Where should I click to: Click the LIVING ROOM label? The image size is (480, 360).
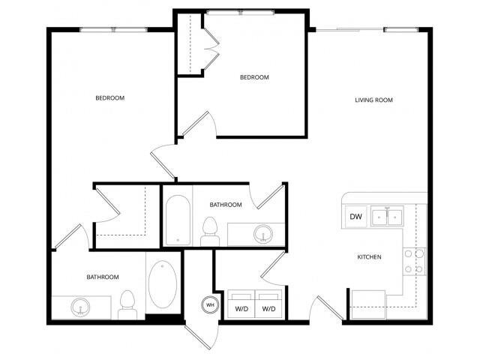point(373,100)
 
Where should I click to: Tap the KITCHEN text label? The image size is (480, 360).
point(368,257)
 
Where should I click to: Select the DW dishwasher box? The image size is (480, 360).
point(356,217)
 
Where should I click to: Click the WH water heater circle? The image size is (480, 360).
point(209,305)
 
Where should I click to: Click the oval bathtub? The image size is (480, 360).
point(163,285)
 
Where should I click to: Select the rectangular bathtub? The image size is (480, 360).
point(178,220)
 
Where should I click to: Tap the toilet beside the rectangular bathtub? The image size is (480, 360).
point(211,229)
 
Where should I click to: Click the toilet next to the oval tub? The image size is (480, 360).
point(127,303)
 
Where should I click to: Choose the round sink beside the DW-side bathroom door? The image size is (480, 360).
point(263,234)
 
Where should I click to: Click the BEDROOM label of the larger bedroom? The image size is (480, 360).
point(109,98)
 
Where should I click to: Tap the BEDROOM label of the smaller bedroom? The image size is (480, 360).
point(254,77)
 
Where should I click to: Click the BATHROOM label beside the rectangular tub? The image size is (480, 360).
point(225,205)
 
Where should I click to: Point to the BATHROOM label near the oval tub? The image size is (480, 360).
point(103,277)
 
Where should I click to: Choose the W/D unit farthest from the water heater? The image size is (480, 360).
point(268,308)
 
